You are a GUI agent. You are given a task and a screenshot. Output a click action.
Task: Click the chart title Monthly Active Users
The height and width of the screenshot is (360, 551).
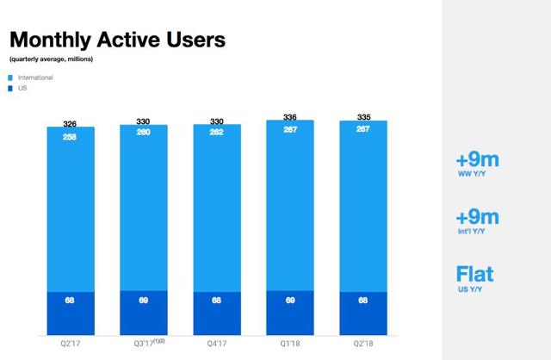pyautogui.click(x=117, y=40)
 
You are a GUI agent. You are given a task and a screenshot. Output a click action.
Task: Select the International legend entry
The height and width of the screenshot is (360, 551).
pyautogui.click(x=35, y=78)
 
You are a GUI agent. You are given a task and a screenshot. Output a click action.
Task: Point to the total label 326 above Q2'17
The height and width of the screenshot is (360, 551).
pyautogui.click(x=71, y=123)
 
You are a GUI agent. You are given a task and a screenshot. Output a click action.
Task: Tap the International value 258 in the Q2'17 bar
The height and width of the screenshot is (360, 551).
pyautogui.click(x=71, y=136)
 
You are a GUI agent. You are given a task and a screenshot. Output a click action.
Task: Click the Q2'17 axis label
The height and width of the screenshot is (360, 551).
pyautogui.click(x=71, y=342)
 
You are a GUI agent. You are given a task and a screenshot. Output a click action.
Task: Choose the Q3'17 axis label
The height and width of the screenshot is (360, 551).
pyautogui.click(x=141, y=342)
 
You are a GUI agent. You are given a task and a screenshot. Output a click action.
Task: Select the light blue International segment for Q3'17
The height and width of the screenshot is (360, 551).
pyautogui.click(x=144, y=215)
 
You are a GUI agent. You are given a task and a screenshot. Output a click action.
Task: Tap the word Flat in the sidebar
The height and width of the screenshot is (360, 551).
pyautogui.click(x=475, y=275)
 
